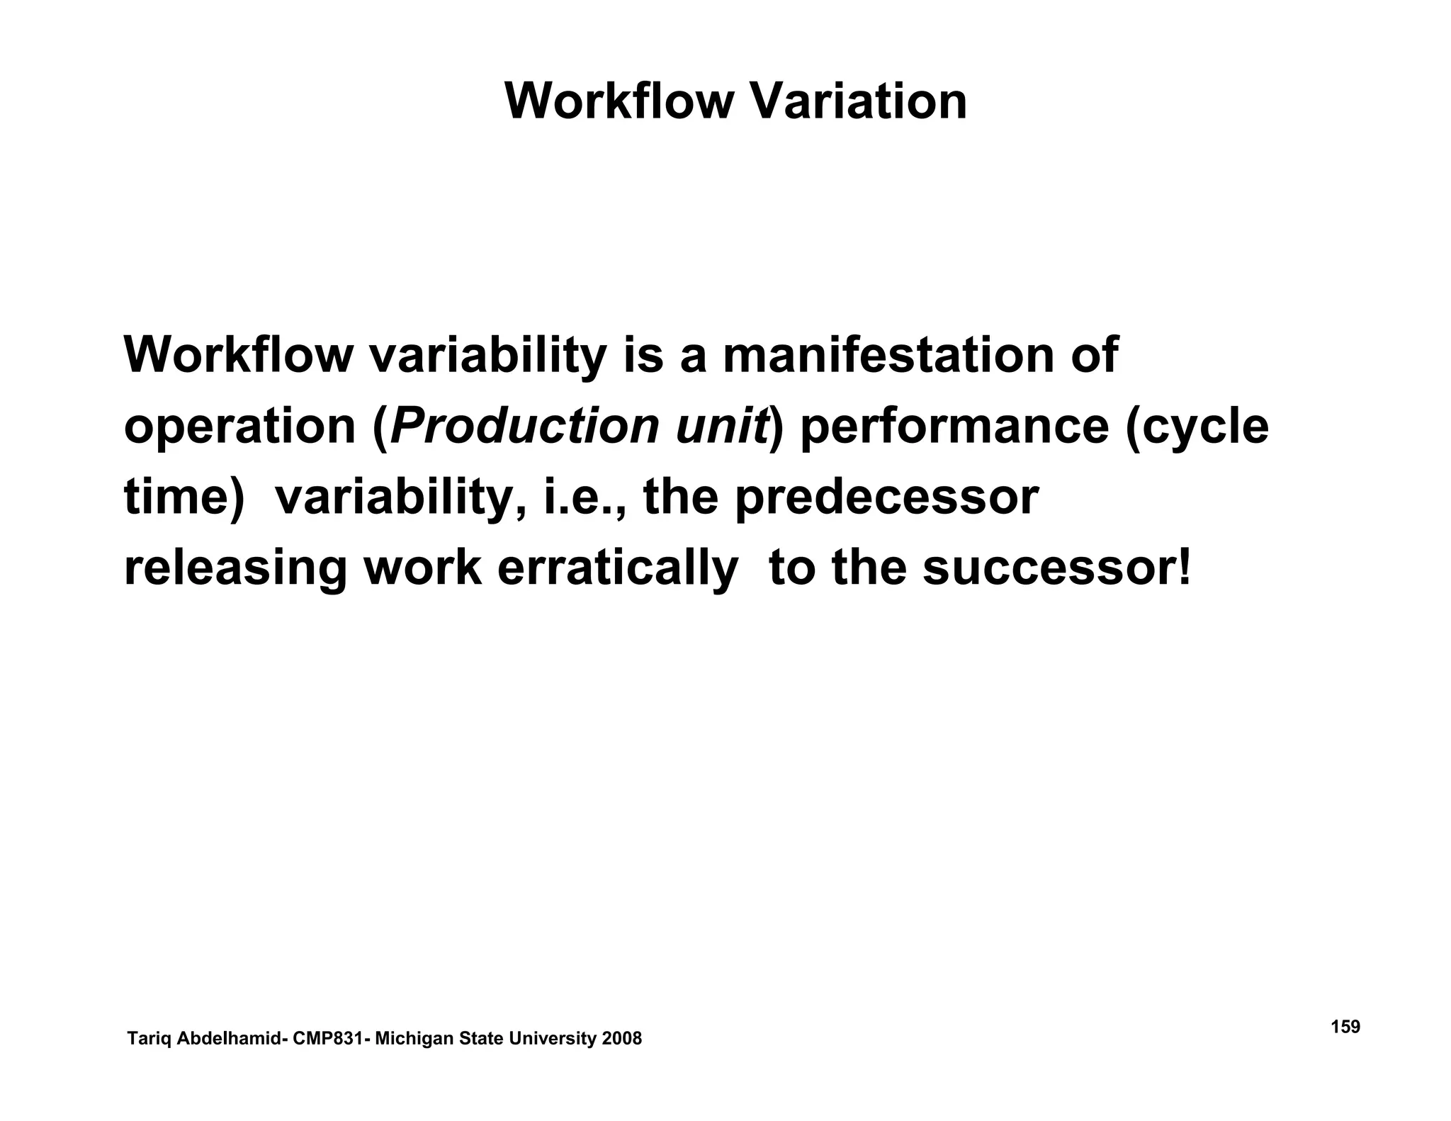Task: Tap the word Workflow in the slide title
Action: click(619, 101)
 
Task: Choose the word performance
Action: click(954, 427)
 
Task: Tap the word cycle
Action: click(1204, 427)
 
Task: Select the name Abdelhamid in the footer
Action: click(227, 1039)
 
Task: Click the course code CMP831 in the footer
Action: click(328, 1039)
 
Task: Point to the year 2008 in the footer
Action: click(621, 1039)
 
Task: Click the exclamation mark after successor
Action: click(1184, 568)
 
